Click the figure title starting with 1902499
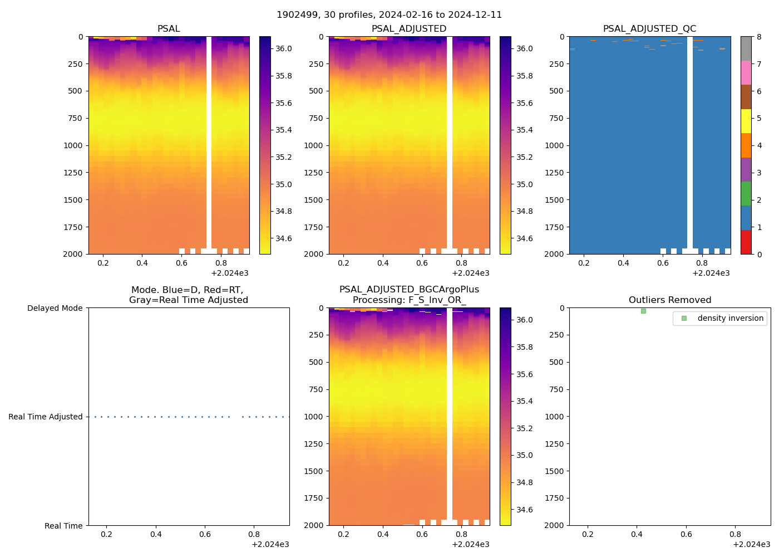tap(389, 15)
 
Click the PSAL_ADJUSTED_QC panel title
tap(649, 29)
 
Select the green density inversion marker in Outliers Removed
tap(643, 311)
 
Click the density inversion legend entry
tap(730, 318)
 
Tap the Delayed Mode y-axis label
tap(55, 308)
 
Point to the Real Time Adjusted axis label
tap(45, 417)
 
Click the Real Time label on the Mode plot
tap(63, 526)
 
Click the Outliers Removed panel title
tap(669, 300)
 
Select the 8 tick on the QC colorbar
tap(759, 37)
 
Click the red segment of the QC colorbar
tap(746, 242)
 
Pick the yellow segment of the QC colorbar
tap(746, 121)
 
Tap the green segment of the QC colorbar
tap(746, 193)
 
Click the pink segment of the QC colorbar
tap(746, 72)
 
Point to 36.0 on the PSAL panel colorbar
tap(284, 49)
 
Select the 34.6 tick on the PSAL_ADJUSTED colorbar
tap(524, 239)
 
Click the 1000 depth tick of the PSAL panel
tap(73, 145)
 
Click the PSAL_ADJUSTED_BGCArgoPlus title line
tap(409, 290)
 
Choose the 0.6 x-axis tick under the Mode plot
tap(205, 535)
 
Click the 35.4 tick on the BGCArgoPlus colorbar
tap(524, 402)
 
